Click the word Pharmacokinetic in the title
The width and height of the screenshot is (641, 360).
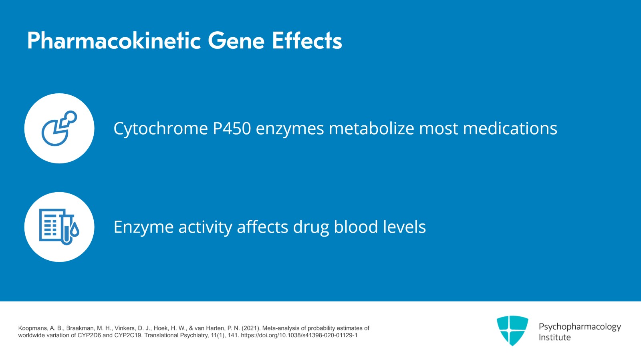coord(114,41)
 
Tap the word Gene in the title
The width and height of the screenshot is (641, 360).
coord(236,41)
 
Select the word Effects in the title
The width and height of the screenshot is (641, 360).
coord(307,41)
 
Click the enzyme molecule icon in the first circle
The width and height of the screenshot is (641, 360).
coord(59,128)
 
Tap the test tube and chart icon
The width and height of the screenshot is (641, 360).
coord(59,227)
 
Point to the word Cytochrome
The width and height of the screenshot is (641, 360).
coord(161,129)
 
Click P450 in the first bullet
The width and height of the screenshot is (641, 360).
coord(232,129)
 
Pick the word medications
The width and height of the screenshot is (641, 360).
coord(510,129)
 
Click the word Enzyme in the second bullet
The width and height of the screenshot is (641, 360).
coord(143,227)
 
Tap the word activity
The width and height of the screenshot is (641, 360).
coord(205,227)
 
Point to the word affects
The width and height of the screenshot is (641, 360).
coord(262,227)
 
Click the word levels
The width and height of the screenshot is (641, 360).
coord(404,227)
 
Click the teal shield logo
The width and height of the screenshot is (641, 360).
coord(512,330)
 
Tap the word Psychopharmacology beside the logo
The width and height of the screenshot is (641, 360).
coord(579,327)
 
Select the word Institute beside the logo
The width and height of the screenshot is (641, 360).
coord(554,338)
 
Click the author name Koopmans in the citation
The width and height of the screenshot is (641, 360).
coord(32,328)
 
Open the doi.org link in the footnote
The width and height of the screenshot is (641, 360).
coord(299,335)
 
